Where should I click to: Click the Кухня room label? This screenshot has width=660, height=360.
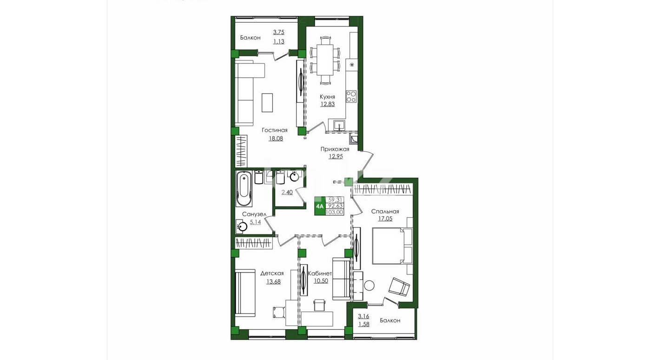327,97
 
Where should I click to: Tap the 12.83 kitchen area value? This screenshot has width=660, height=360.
328,104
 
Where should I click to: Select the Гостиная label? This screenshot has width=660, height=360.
275,130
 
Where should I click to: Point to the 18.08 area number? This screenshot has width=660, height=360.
276,138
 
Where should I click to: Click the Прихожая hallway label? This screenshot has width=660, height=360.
335,149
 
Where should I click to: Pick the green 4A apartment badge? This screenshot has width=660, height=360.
319,206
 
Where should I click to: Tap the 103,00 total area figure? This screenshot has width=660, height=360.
335,212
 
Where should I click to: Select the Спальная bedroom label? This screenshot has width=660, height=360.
385,212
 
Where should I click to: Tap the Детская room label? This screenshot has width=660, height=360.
272,273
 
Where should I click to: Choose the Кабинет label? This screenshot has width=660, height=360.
320,273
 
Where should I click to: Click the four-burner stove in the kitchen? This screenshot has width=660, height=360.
351,96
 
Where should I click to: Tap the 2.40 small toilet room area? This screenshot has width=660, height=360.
287,193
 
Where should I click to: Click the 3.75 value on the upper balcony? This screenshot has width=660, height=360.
279,32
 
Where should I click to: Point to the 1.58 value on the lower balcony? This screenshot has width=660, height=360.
363,324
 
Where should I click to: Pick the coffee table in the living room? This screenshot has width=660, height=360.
267,102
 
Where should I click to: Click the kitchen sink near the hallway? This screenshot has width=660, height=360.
339,125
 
